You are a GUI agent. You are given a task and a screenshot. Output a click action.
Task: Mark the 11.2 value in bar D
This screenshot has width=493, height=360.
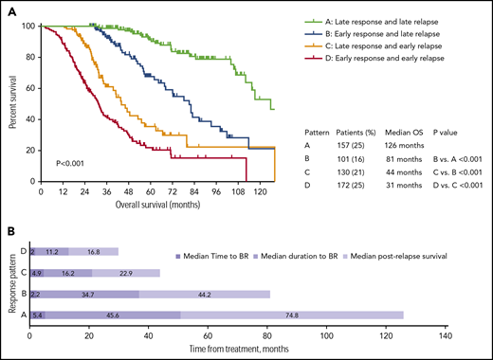point(51,251)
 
